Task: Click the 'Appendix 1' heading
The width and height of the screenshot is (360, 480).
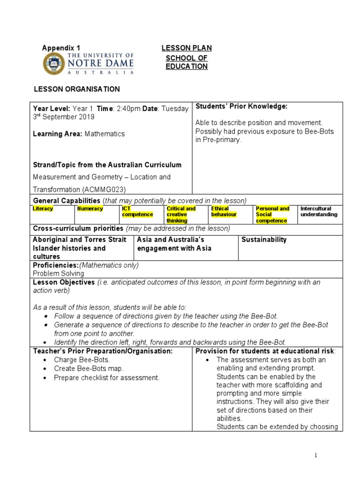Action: [61, 48]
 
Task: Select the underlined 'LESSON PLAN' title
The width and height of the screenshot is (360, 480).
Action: [187, 48]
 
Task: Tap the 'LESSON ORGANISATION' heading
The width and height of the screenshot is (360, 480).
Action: [76, 89]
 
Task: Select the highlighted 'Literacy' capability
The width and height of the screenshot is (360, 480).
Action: [43, 209]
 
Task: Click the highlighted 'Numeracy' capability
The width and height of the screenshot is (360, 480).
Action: [90, 209]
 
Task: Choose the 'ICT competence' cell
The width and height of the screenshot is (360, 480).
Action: [137, 212]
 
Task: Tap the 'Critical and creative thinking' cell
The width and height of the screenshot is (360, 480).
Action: [181, 215]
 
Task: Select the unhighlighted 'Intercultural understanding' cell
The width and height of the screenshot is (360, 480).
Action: [319, 212]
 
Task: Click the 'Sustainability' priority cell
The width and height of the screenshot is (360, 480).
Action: [263, 240]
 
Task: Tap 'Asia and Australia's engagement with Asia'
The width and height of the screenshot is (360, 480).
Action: [174, 244]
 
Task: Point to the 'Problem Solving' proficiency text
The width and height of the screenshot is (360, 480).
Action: [59, 273]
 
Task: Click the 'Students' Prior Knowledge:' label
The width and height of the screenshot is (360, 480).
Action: [241, 106]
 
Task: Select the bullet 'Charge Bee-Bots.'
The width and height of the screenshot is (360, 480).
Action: [82, 360]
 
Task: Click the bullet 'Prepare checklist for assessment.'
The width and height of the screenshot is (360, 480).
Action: [107, 377]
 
